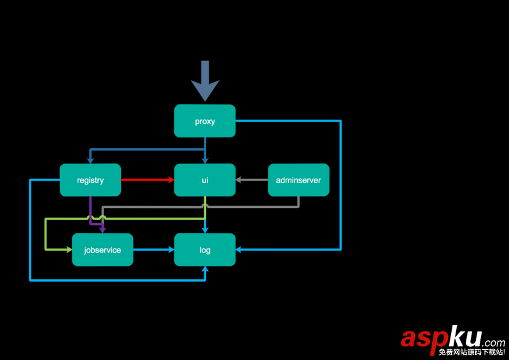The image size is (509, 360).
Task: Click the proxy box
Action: (x=205, y=121)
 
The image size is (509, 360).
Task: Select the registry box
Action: (x=90, y=180)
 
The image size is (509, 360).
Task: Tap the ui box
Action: (x=205, y=180)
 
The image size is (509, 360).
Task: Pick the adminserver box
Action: (x=298, y=180)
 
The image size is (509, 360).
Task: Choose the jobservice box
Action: (x=102, y=249)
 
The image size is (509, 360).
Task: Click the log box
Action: (x=205, y=249)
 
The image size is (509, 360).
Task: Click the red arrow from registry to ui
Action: (x=147, y=180)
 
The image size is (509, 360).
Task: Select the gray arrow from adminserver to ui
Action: (x=252, y=180)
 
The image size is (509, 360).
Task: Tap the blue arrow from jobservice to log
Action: (x=153, y=249)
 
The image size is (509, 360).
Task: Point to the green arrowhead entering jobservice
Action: (x=68, y=249)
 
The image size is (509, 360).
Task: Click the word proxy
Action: (x=205, y=121)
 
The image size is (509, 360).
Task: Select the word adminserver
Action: (x=298, y=181)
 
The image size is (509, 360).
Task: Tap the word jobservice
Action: (x=102, y=250)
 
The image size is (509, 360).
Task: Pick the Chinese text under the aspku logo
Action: (x=471, y=351)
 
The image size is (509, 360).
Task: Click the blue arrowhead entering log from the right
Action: (x=240, y=249)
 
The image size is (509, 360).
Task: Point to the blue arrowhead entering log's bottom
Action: (x=205, y=270)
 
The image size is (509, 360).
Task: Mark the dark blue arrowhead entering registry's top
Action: (x=90, y=160)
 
